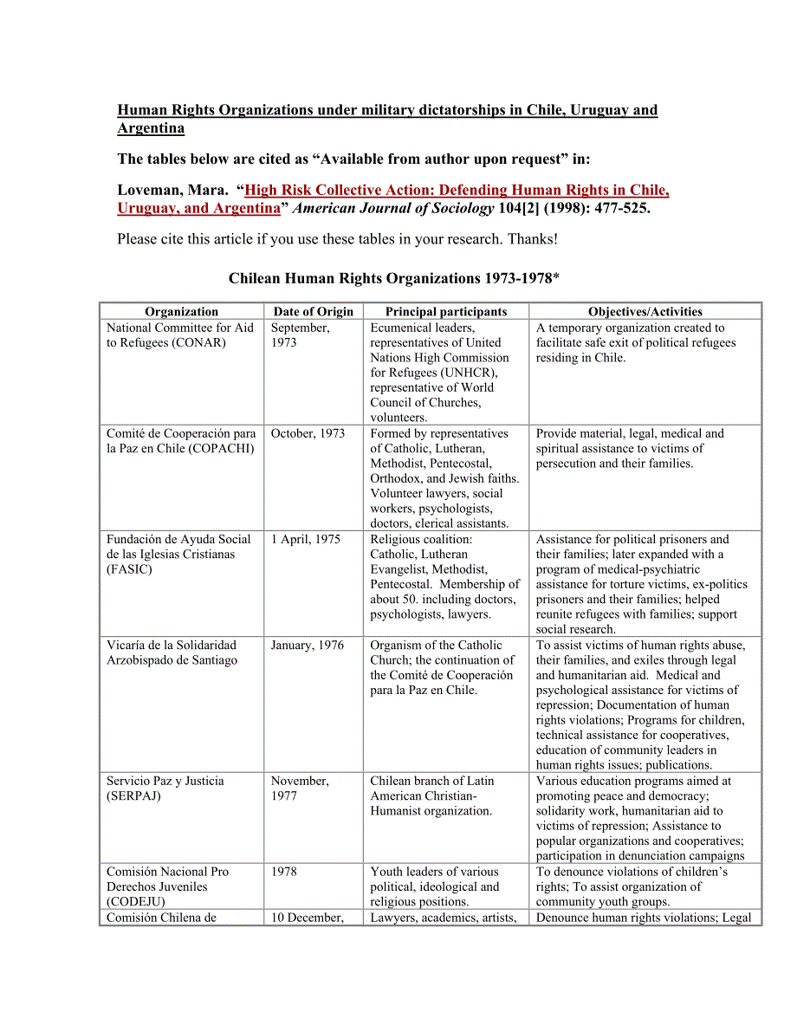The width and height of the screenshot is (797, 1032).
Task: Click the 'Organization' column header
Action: click(x=181, y=312)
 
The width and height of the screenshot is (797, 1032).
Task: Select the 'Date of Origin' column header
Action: click(x=313, y=312)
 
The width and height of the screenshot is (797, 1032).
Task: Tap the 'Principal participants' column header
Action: click(x=445, y=312)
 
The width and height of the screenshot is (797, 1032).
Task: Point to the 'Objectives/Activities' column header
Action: click(x=645, y=312)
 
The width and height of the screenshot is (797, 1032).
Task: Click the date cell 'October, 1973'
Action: click(x=308, y=433)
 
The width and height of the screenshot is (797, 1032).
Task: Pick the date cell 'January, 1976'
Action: click(x=307, y=645)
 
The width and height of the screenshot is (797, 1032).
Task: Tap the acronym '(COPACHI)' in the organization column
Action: click(x=221, y=449)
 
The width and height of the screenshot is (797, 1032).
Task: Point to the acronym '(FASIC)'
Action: click(x=128, y=569)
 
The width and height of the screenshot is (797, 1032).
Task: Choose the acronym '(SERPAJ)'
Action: click(x=134, y=795)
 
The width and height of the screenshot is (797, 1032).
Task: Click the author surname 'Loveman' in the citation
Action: click(x=149, y=191)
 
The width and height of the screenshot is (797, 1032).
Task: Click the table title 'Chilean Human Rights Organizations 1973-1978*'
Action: click(x=393, y=279)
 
